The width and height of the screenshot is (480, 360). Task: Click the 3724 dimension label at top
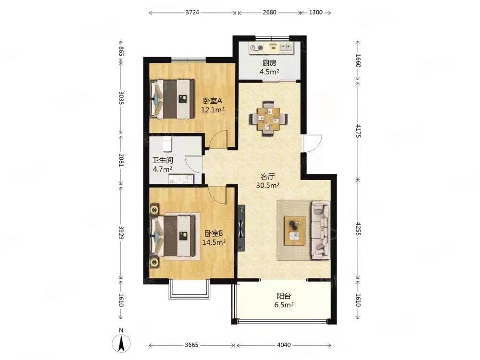[x=192, y=12]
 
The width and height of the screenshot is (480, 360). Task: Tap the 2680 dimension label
[x=269, y=12]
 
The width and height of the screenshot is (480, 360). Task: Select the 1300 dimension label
[x=316, y=12]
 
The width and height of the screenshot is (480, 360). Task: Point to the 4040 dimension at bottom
[x=284, y=345]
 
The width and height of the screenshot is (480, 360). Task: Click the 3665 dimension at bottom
[x=192, y=345]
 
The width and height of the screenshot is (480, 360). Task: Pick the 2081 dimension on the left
[x=121, y=160]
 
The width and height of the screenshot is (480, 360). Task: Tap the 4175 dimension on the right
[x=358, y=130]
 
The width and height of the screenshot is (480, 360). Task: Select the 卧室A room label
[x=213, y=101]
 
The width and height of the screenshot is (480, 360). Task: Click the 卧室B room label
[x=214, y=234]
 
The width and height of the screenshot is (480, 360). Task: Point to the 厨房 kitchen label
[x=269, y=63]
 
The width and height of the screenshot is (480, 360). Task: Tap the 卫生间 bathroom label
[x=163, y=160]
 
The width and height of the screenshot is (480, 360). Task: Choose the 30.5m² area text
[x=267, y=185]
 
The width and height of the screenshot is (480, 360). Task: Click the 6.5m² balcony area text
[x=284, y=305]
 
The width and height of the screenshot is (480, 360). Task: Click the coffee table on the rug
[x=295, y=230]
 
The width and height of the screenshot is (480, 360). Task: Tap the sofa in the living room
[x=321, y=230]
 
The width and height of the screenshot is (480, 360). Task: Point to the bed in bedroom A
[x=172, y=99]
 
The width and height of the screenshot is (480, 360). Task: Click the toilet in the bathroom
[x=167, y=144]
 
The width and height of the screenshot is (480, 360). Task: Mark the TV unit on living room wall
[x=241, y=228]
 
